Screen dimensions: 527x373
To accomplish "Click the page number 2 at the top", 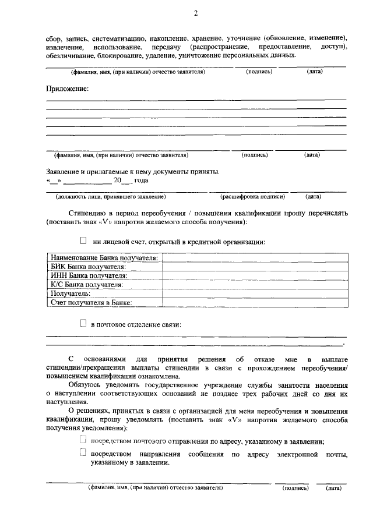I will [196, 13].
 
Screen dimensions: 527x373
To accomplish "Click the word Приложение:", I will [68, 89].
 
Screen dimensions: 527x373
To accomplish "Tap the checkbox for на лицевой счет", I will [83, 240].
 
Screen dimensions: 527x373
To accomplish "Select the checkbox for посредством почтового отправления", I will [83, 440].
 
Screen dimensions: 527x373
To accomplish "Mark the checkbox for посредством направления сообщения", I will [83, 452].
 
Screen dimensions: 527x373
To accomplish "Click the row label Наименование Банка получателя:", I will [104, 258].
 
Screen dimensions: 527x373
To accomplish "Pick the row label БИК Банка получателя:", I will [87, 267].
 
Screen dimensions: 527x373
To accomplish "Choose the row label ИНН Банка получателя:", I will [89, 275].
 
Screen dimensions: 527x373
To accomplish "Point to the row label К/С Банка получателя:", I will [86, 284].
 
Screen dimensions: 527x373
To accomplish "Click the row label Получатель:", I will [70, 293].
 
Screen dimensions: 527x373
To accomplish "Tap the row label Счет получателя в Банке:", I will [91, 302].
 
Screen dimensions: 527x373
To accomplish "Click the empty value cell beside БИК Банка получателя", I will [255, 267].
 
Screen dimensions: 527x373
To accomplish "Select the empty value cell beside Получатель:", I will [255, 293].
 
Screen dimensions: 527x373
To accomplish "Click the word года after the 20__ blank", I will [142, 181].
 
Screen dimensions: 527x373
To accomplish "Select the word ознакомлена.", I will [154, 377].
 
